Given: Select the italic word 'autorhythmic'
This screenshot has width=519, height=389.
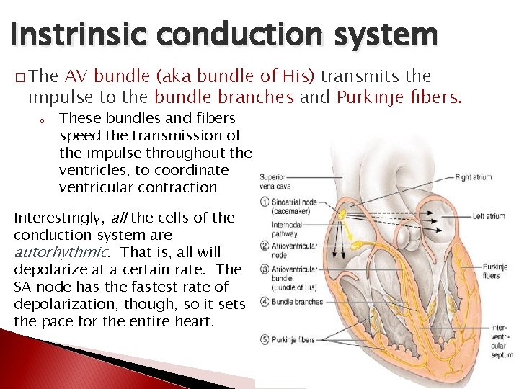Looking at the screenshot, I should point(61,252).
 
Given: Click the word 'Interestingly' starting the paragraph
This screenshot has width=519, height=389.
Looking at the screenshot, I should point(58,218).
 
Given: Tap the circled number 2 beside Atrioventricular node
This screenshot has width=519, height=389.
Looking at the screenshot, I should point(265,246).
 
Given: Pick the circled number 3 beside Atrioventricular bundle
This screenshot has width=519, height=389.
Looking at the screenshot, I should point(265,270).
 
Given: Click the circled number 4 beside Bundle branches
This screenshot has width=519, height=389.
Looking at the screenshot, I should point(265,301).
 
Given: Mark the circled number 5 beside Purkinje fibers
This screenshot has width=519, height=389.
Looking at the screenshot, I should point(265,340).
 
